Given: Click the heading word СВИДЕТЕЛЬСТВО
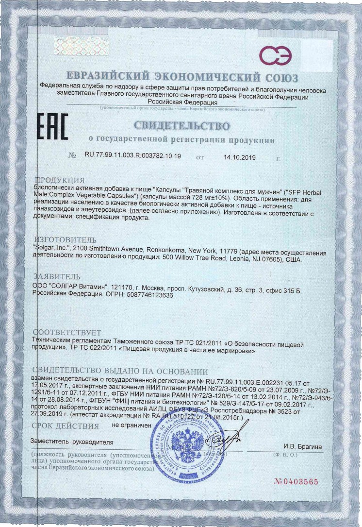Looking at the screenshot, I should tap(181, 126).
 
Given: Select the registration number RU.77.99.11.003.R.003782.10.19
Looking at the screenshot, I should tap(132, 156).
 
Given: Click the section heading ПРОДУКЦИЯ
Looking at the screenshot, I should tap(61, 180).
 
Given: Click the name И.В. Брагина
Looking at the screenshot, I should tap(303, 446).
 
